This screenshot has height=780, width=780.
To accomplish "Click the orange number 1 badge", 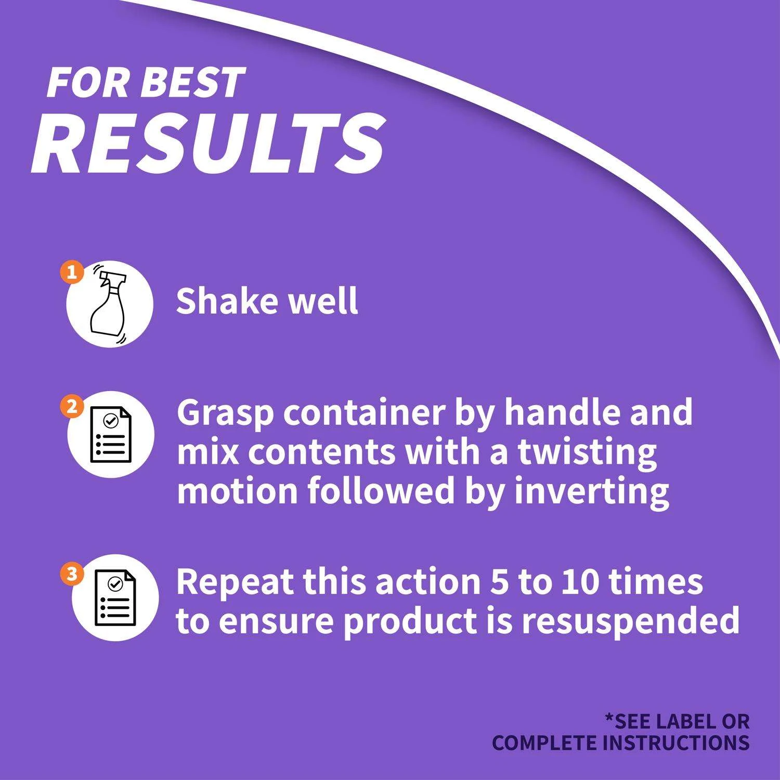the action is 72,272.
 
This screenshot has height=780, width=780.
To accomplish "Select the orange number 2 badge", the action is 72,407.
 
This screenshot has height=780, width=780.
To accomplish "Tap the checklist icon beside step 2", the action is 111,435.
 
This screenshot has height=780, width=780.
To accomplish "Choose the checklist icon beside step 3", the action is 115,597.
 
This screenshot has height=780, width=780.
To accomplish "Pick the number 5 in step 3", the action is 499,581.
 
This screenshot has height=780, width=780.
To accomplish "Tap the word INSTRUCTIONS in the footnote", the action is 677,743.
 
